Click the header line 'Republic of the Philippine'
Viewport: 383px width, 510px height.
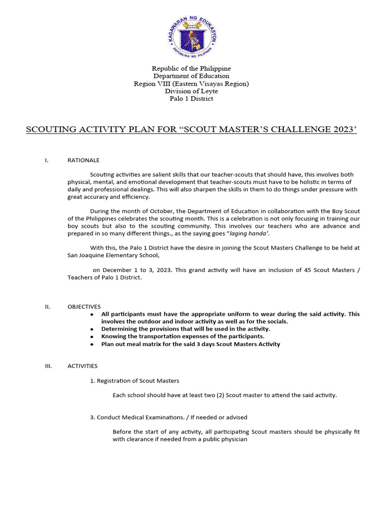[x=191, y=68]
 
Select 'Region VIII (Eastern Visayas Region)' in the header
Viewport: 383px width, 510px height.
[x=191, y=84]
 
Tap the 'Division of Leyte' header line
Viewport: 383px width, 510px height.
[x=191, y=91]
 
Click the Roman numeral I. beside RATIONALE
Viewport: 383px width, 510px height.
[x=46, y=160]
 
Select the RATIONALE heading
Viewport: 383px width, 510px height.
[x=83, y=160]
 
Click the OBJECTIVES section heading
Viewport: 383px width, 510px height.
[x=84, y=307]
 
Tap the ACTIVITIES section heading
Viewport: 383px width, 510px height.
[x=82, y=366]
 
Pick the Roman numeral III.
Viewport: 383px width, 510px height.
[x=48, y=366]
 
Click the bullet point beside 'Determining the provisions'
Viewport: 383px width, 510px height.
[x=91, y=330]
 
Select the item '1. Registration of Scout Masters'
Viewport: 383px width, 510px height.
[x=135, y=381]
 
